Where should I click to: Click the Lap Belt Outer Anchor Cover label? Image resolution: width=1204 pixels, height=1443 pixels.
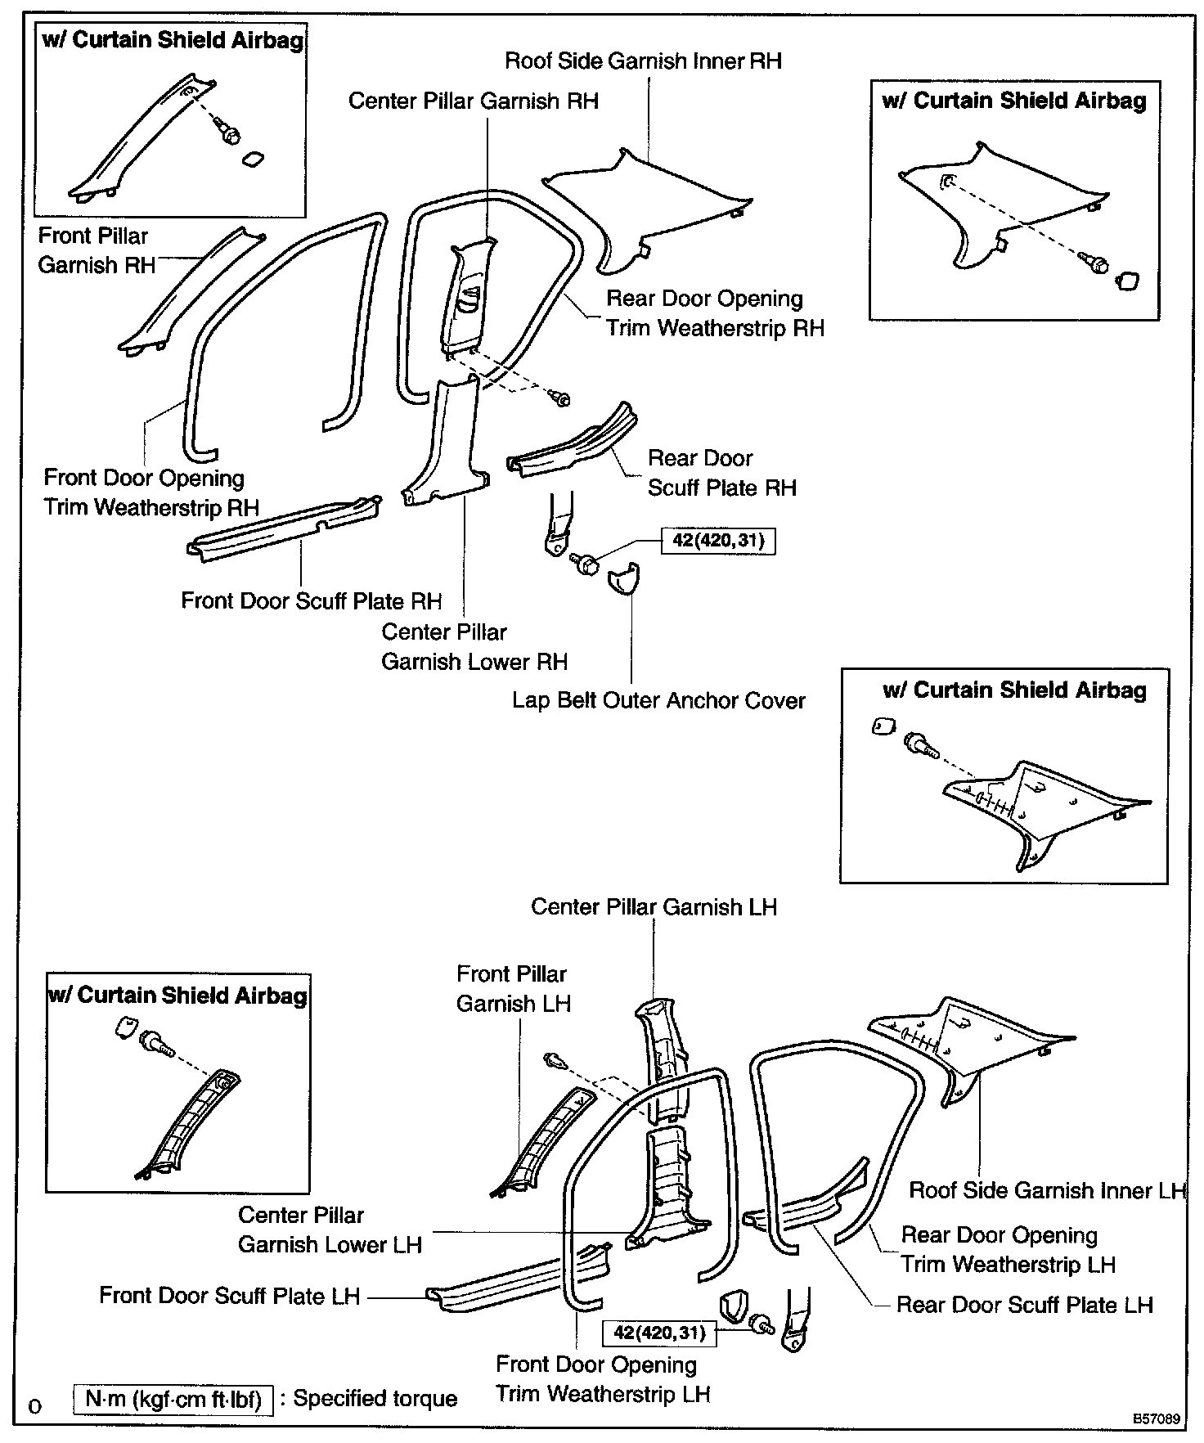pyautogui.click(x=658, y=701)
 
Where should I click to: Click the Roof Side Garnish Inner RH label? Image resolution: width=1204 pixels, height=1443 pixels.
pyautogui.click(x=643, y=61)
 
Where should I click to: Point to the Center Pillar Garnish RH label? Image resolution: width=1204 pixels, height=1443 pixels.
pyautogui.click(x=473, y=101)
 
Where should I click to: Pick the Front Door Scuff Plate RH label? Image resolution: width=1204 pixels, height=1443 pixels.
pyautogui.click(x=311, y=601)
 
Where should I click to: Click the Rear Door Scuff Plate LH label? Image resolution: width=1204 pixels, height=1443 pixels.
pyautogui.click(x=1024, y=1305)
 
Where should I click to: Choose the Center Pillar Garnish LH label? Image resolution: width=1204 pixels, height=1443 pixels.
pyautogui.click(x=654, y=907)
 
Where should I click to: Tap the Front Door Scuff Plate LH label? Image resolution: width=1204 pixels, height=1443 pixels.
pyautogui.click(x=229, y=1296)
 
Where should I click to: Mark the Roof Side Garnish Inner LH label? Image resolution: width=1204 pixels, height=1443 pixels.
pyautogui.click(x=1047, y=1191)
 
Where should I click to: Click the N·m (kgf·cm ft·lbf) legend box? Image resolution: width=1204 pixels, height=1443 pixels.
pyautogui.click(x=173, y=1399)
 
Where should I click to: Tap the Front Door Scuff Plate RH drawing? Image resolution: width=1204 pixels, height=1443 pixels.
pyautogui.click(x=282, y=529)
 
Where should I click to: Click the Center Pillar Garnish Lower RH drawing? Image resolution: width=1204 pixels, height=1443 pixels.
pyautogui.click(x=446, y=446)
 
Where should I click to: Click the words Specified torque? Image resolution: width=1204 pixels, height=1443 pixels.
pyautogui.click(x=375, y=1399)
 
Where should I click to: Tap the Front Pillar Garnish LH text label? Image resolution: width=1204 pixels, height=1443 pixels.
pyautogui.click(x=512, y=989)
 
